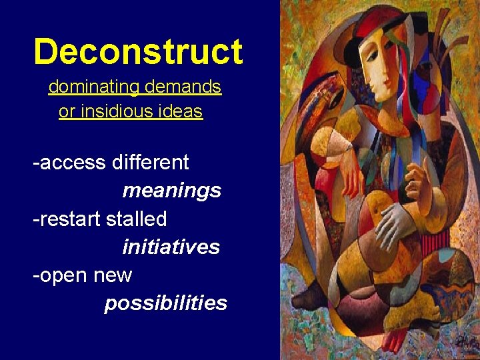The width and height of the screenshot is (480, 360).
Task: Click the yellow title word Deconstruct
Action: click(x=138, y=52)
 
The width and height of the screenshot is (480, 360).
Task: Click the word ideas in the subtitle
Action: click(x=180, y=111)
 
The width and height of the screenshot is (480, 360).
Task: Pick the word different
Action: click(x=151, y=162)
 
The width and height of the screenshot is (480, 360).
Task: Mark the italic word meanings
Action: click(x=171, y=191)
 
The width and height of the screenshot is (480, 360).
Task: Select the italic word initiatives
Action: click(x=171, y=247)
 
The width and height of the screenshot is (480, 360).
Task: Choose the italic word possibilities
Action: click(x=165, y=303)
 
